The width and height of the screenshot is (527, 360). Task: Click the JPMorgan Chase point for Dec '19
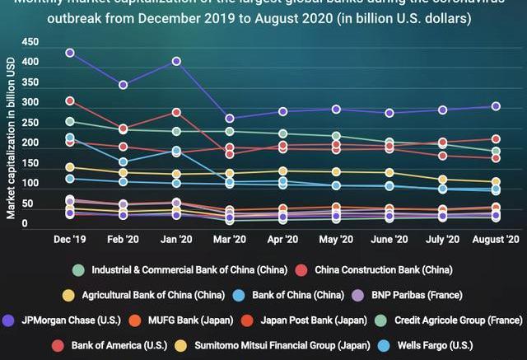pyautogui.click(x=70, y=53)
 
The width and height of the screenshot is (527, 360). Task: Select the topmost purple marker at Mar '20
pyautogui.click(x=230, y=119)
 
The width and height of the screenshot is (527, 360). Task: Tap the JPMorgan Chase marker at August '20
pyautogui.click(x=497, y=106)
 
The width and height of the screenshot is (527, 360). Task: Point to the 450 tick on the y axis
pyautogui.click(x=30, y=42)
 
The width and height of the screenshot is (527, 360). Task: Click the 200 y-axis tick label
pyautogui.click(x=30, y=143)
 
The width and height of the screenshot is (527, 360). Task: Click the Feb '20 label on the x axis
pyautogui.click(x=123, y=239)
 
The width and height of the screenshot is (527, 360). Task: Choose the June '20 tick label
pyautogui.click(x=389, y=239)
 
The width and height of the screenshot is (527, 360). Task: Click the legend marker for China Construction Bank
pyautogui.click(x=301, y=269)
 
